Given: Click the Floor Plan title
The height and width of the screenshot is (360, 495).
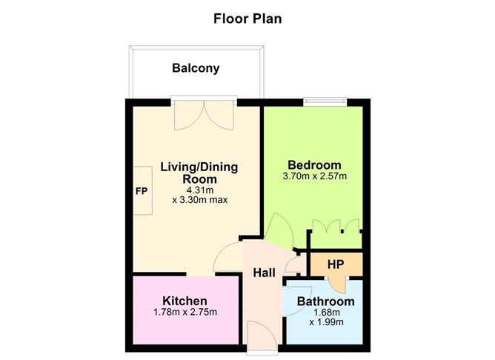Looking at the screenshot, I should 247,18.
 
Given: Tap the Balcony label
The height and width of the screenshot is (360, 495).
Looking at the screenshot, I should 196,69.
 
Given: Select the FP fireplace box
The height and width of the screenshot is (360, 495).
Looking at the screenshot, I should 142,190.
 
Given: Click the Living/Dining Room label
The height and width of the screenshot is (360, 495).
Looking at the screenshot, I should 199,173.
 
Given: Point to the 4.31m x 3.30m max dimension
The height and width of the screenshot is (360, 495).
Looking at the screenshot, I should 199,195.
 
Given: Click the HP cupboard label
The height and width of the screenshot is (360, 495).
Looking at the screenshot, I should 335,264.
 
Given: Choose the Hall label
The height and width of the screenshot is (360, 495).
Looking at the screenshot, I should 265,273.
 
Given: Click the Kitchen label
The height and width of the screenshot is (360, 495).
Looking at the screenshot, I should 185,301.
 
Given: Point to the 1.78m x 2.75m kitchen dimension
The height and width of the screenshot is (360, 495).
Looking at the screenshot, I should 185,312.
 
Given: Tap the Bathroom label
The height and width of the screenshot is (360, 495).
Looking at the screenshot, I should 325,301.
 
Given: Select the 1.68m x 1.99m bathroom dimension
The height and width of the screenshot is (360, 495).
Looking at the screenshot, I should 325,318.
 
